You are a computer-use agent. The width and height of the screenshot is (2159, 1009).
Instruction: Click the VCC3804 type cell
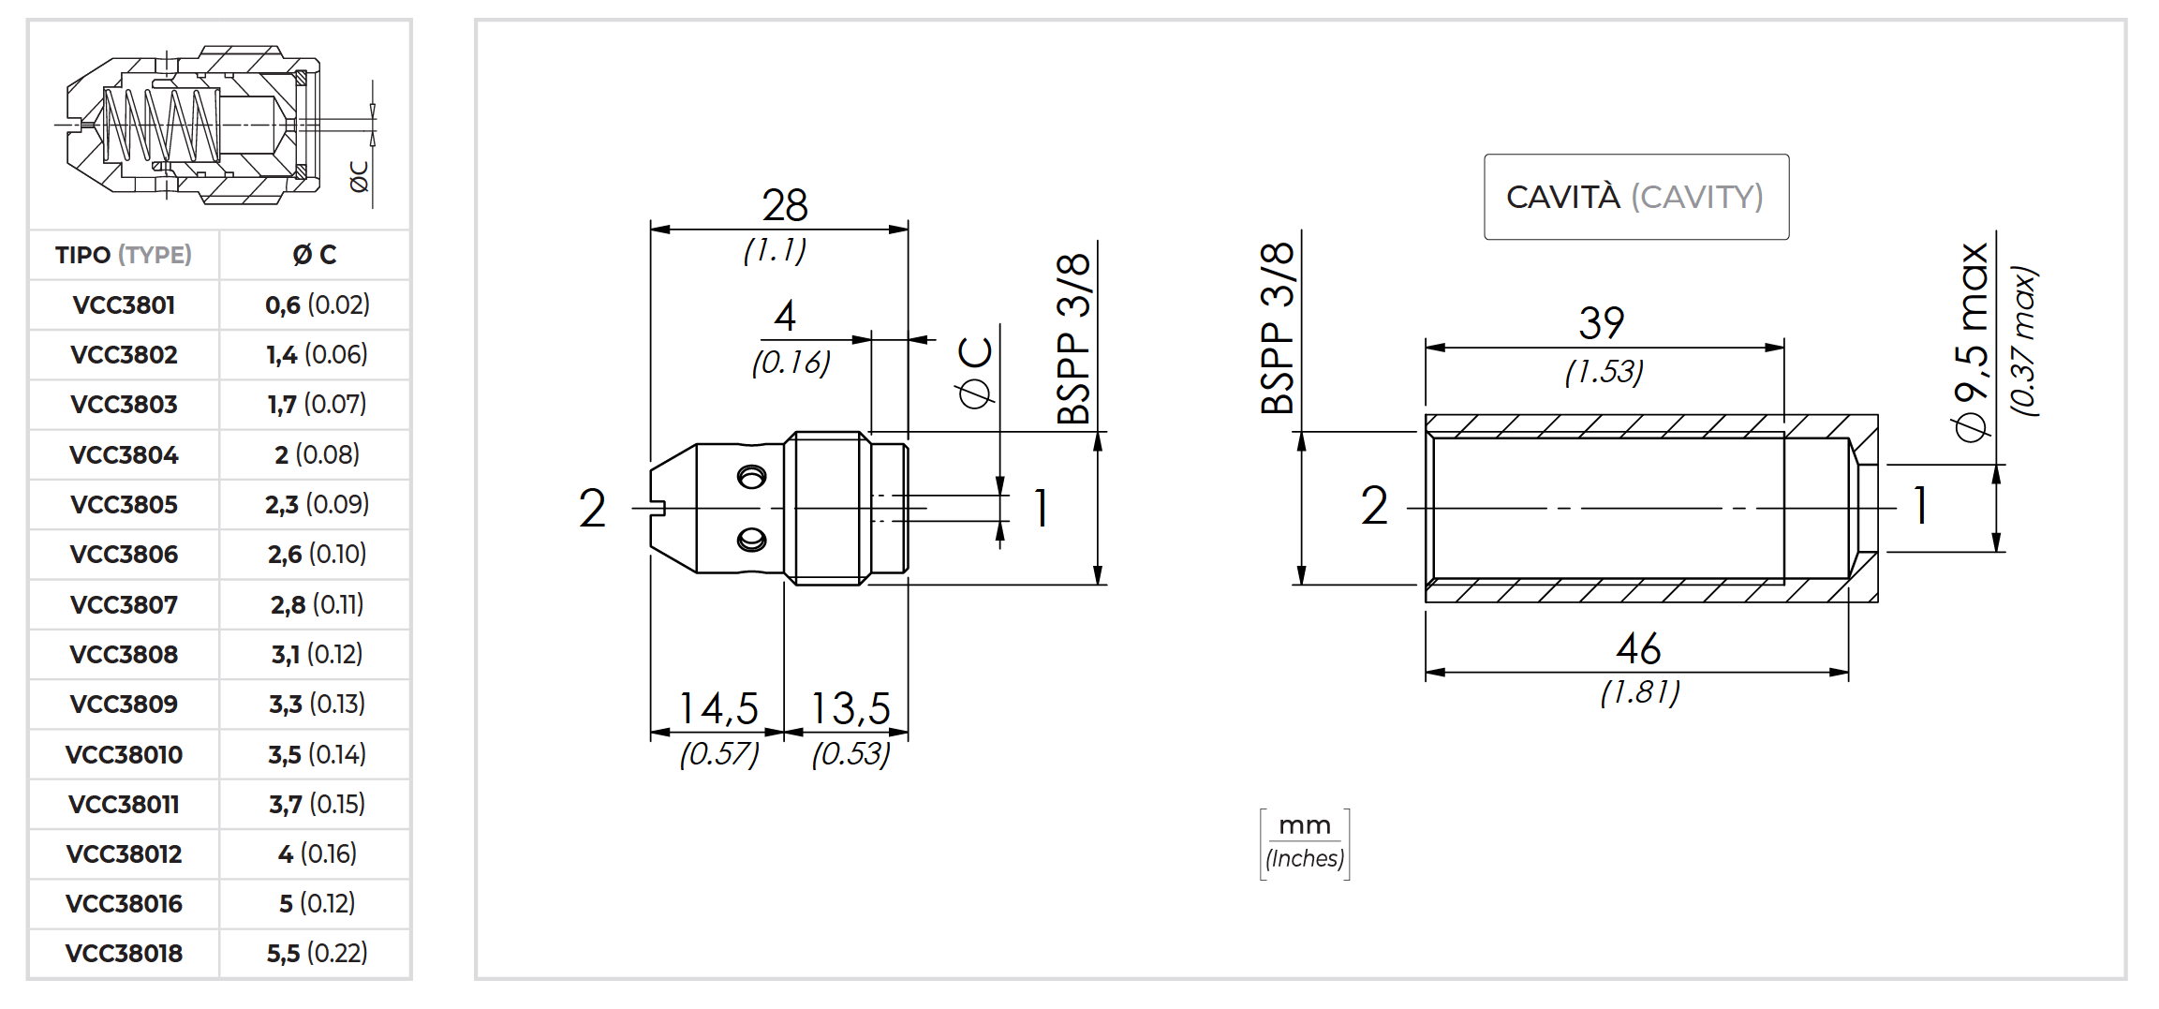click(x=124, y=455)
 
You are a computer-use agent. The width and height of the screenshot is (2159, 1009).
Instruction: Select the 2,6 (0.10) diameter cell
click(x=317, y=555)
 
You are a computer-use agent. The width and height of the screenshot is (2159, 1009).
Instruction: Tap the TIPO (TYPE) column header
click(x=124, y=255)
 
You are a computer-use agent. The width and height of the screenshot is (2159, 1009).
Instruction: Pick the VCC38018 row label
click(x=124, y=954)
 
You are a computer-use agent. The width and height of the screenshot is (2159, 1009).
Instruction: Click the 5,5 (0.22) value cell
click(x=317, y=954)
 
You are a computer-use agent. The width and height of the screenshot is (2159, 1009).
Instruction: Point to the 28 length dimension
click(x=784, y=205)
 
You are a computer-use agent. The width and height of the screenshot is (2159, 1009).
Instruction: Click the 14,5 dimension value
click(x=718, y=709)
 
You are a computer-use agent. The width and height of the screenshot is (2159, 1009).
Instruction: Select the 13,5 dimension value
click(x=850, y=709)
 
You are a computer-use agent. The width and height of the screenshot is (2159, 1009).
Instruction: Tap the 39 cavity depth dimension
click(x=1602, y=324)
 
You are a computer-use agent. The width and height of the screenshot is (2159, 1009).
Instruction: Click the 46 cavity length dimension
click(x=1638, y=649)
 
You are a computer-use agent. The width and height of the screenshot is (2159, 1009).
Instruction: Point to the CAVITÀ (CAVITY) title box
click(x=1635, y=197)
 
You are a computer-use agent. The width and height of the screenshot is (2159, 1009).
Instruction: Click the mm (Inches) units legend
click(x=1305, y=843)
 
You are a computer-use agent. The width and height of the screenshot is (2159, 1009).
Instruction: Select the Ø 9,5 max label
click(x=1972, y=342)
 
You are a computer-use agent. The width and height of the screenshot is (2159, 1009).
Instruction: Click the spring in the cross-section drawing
click(x=159, y=125)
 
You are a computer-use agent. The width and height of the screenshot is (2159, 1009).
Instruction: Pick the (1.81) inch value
click(x=1640, y=692)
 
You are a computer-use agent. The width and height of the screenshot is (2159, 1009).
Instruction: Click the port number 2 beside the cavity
click(x=1374, y=506)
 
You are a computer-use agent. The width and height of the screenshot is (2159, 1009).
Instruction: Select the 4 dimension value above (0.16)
click(x=785, y=317)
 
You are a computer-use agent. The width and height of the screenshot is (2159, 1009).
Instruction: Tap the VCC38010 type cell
click(x=124, y=755)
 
